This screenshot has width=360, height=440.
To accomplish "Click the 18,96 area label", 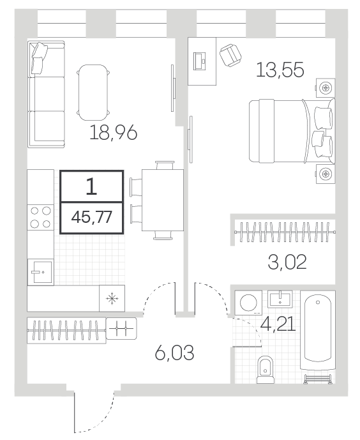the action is point(113,133).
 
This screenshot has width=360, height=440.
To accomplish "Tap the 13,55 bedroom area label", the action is point(280,70).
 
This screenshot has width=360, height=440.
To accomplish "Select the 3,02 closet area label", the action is point(287,262).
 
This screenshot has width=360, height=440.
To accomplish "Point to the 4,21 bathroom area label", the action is point(278,324).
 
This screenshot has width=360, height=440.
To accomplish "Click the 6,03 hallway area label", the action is point(174,353).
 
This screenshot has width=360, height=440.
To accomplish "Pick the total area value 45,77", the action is point(92,217).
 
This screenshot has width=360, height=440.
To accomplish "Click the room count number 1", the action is point(91,186).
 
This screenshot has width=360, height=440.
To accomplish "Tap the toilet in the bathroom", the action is point(266,370).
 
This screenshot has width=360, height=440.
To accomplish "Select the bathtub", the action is point(318,331).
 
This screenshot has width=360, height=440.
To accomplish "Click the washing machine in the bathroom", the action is point(248,302).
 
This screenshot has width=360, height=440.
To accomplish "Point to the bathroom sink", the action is point(280,299).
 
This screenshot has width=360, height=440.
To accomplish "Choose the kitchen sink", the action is point(40,272).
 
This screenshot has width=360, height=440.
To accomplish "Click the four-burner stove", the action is point(40,217).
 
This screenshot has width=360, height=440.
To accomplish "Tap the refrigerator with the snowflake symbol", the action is point(112,298).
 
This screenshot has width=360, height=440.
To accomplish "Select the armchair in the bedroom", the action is point(230,56).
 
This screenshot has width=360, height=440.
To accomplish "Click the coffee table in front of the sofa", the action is point(93,93).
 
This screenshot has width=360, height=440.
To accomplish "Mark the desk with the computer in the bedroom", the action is point(202,61).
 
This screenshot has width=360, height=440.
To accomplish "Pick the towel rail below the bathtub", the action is point(319,379).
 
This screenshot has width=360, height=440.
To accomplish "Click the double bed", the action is point(292,131).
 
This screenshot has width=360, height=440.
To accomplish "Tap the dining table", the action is point(163,201).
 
